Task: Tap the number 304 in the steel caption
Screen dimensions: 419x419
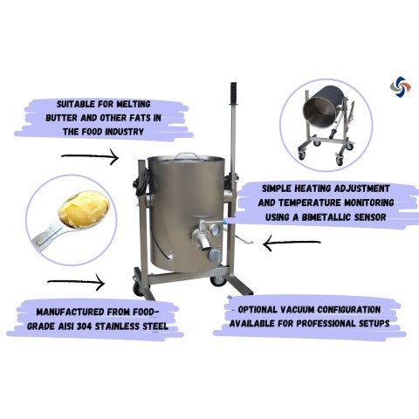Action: (x=84, y=326)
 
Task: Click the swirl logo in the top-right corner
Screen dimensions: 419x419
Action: (x=401, y=86)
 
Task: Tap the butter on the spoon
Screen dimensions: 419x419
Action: (x=84, y=209)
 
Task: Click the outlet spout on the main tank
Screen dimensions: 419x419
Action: (x=203, y=242)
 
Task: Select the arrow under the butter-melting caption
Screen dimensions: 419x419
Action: (x=90, y=156)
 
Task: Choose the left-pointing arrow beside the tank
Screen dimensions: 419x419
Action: (x=292, y=243)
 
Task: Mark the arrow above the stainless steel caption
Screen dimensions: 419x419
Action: (x=76, y=282)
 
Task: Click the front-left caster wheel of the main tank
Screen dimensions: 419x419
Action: (x=138, y=289)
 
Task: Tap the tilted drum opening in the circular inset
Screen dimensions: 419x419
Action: (x=317, y=110)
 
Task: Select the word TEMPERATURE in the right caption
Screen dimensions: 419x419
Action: (x=307, y=203)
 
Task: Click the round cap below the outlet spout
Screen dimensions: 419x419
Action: (x=214, y=255)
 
